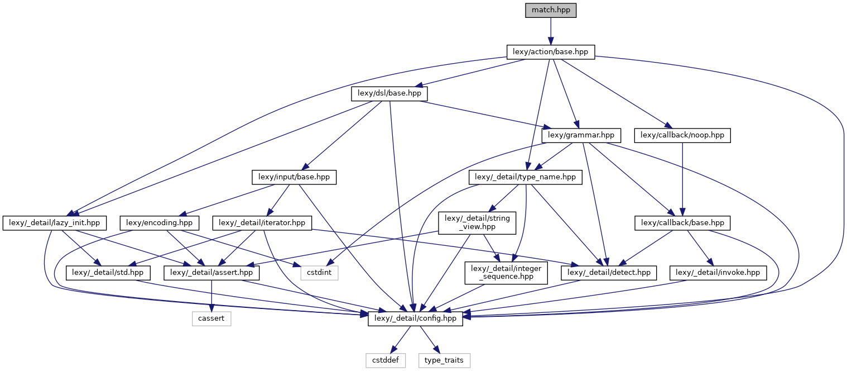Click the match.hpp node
point(550,11)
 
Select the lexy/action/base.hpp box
point(550,52)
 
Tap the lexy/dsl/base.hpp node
point(389,94)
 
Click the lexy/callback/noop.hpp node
point(682,135)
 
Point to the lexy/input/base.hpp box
point(294,177)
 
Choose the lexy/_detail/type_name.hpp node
point(525,177)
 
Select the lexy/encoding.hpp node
point(159,222)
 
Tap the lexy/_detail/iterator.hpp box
point(262,222)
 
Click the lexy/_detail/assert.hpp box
point(212,273)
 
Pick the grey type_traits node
point(444,360)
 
